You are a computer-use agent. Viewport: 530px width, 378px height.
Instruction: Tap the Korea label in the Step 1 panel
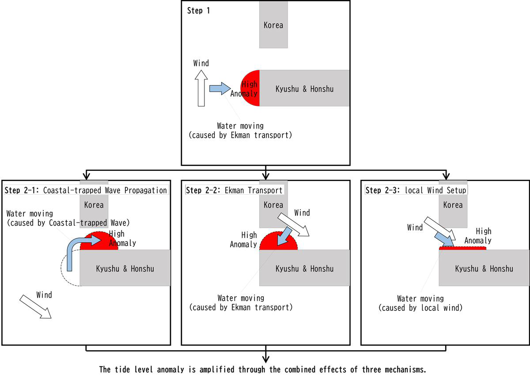273,25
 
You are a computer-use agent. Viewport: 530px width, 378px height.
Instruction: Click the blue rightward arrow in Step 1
220,88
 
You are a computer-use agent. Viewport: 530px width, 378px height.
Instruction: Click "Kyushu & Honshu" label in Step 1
304,89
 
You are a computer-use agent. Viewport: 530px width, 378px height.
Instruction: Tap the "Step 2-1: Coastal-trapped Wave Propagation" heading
86,190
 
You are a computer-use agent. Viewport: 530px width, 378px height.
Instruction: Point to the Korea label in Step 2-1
94,205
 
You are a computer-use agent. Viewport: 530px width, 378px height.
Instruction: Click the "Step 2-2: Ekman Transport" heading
234,190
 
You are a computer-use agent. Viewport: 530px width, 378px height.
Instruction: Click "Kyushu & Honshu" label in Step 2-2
304,268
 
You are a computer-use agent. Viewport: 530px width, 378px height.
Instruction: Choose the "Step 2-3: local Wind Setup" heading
416,190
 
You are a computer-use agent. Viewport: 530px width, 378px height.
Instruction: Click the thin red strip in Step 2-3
462,249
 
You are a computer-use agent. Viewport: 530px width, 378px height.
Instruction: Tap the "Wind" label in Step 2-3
415,227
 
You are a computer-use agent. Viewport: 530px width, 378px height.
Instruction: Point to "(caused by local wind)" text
420,308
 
